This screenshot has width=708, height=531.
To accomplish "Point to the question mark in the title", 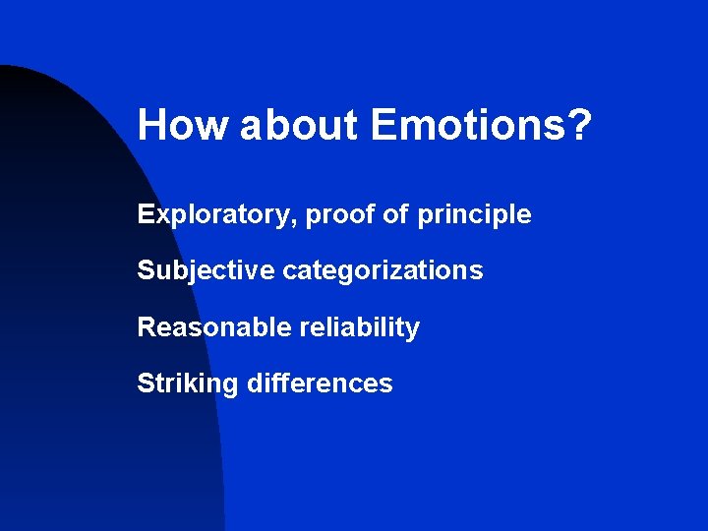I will (x=580, y=125).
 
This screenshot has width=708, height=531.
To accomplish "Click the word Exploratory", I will (x=214, y=214).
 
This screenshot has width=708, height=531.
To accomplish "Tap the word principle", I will (x=474, y=214).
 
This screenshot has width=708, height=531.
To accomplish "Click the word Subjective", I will (x=206, y=270).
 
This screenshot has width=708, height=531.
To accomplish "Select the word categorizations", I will (x=383, y=270).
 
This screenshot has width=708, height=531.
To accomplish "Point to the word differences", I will (x=320, y=383).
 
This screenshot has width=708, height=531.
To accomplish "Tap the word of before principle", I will (x=394, y=214).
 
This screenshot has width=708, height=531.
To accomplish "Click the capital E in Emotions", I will (x=383, y=125).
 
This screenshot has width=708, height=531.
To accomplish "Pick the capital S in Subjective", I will (x=146, y=270).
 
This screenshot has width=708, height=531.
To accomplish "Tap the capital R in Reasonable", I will (x=147, y=327).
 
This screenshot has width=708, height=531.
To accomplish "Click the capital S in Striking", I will (x=146, y=383).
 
